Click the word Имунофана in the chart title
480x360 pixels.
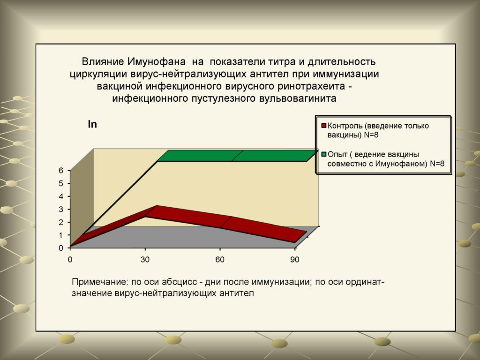tap(156, 62)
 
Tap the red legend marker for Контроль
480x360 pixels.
tap(324, 126)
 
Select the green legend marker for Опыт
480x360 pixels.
tap(324, 154)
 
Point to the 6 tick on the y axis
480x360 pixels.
tap(60, 171)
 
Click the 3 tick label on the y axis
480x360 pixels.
tap(60, 210)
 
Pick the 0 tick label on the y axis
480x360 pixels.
tap(60, 248)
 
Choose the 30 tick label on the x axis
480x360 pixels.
tap(145, 260)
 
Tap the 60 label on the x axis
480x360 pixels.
tap(220, 260)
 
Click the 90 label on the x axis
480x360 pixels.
tap(294, 260)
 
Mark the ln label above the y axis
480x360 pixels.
tap(92, 124)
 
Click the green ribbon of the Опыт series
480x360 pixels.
tap(236, 156)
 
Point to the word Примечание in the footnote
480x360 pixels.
tap(98, 282)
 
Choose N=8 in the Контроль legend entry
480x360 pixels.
tap(371, 135)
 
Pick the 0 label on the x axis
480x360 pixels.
tap(70, 260)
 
